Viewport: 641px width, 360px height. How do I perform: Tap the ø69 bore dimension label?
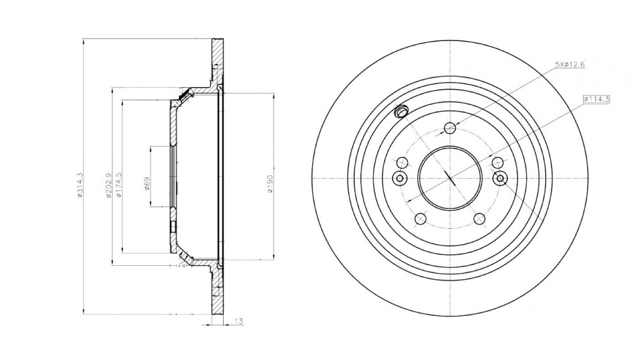pyautogui.click(x=147, y=184)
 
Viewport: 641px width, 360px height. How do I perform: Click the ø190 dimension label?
pyautogui.click(x=271, y=184)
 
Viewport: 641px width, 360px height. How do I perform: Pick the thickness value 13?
pyautogui.click(x=238, y=322)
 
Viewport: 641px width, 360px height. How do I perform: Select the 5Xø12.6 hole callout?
pyautogui.click(x=570, y=64)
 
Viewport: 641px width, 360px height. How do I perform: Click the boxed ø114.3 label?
pyautogui.click(x=596, y=99)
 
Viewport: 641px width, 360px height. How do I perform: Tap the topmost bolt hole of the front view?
pyautogui.click(x=450, y=128)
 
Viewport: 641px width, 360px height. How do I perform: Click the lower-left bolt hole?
pyautogui.click(x=420, y=219)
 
